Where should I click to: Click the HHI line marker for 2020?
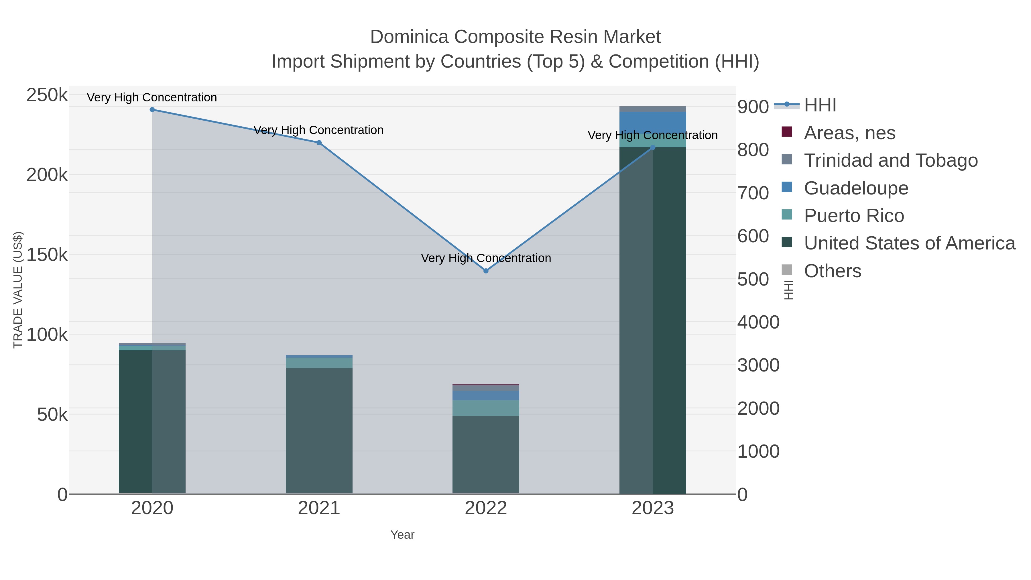(x=152, y=110)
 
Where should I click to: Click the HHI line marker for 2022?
(x=486, y=271)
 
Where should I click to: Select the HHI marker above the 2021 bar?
(x=319, y=143)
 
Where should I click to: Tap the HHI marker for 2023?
(x=653, y=148)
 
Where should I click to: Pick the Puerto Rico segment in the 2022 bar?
(x=486, y=408)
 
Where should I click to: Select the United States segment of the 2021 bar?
(x=319, y=430)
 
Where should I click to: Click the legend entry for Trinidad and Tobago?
(x=890, y=160)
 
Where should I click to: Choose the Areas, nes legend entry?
(x=849, y=133)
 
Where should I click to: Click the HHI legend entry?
(x=820, y=105)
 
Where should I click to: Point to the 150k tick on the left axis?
(x=47, y=255)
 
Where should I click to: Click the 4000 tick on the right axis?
(x=758, y=322)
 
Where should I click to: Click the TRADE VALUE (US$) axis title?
(x=18, y=290)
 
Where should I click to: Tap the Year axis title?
(x=402, y=535)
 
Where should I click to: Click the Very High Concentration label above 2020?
(x=152, y=97)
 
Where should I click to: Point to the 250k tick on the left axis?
(x=47, y=95)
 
